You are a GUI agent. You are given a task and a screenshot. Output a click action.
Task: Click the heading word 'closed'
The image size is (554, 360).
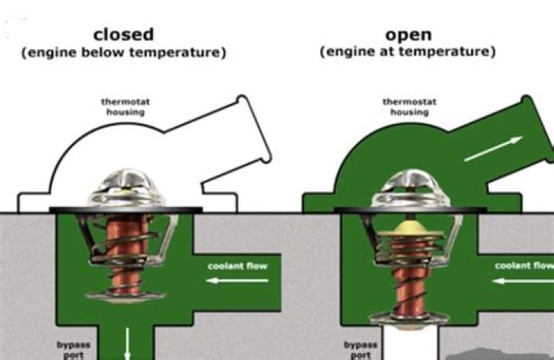pos(123,35)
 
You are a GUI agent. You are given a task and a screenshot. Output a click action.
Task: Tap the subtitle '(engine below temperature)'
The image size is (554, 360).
pos(123,53)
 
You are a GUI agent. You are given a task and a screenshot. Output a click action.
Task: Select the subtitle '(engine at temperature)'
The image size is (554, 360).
pos(406,53)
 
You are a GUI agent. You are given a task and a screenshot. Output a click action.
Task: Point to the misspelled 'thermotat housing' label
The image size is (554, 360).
pos(123,106)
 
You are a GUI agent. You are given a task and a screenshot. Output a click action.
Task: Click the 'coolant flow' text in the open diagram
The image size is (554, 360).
pos(523,265)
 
